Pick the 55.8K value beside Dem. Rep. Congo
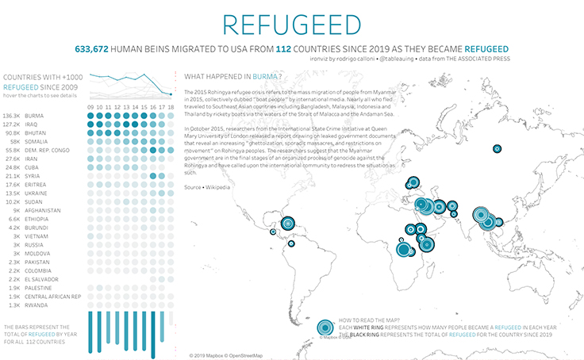pyautogui.click(x=13, y=150)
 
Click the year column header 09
pyautogui.click(x=91, y=106)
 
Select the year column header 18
pyautogui.click(x=170, y=106)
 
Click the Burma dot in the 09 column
pyautogui.click(x=91, y=115)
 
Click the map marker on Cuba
pyautogui.click(x=288, y=224)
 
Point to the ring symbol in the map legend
pyautogui.click(x=325, y=328)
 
